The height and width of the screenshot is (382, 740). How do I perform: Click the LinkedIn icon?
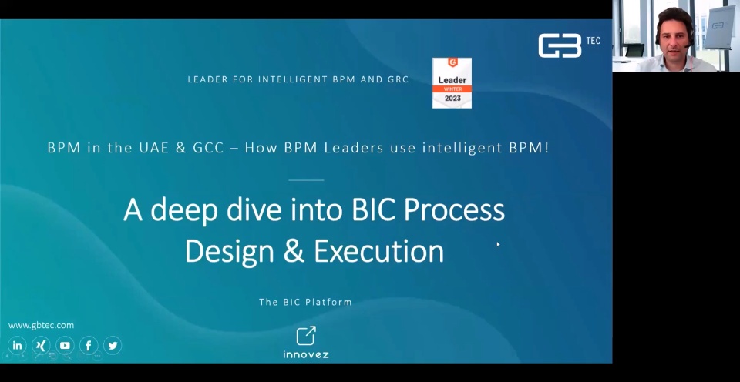(18, 345)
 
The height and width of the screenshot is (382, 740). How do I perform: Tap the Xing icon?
(41, 345)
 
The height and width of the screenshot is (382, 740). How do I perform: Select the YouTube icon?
(65, 345)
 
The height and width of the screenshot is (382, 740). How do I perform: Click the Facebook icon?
(89, 345)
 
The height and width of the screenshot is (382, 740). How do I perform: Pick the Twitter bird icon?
(113, 345)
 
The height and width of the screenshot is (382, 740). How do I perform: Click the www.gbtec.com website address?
(41, 325)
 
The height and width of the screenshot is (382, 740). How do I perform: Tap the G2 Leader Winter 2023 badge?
(452, 83)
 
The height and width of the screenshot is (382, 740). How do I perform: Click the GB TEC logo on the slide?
(569, 45)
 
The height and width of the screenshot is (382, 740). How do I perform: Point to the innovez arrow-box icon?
(306, 335)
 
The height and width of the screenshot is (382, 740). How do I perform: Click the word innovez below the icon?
(306, 354)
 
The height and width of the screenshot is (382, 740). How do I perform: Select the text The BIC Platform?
(305, 302)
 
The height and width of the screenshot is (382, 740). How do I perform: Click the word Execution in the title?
(379, 251)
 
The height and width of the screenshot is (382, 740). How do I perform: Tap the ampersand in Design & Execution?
(294, 251)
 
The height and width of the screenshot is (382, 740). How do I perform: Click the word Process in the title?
(454, 210)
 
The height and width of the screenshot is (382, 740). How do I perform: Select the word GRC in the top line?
(398, 79)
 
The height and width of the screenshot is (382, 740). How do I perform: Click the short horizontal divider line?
(306, 179)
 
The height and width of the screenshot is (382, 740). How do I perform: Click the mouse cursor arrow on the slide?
(498, 244)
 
